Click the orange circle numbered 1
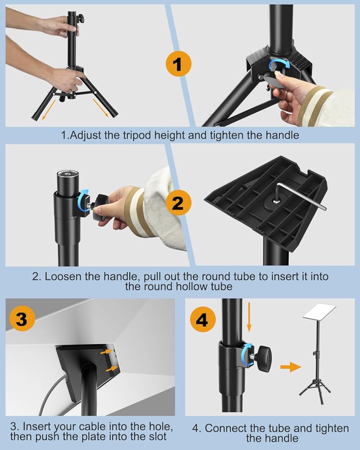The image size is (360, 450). [x=178, y=64]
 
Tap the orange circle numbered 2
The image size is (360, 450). [x=178, y=203]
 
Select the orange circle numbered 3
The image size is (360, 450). [x=22, y=318]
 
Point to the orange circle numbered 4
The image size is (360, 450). [x=202, y=319]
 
